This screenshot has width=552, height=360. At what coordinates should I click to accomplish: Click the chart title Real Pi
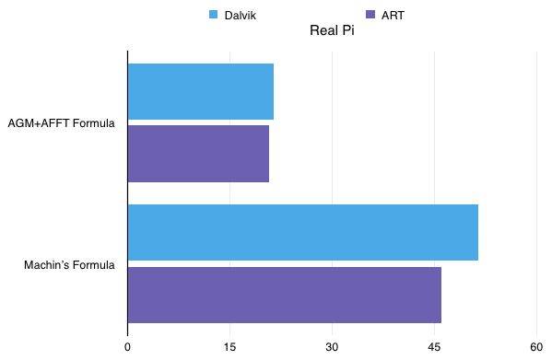click(333, 30)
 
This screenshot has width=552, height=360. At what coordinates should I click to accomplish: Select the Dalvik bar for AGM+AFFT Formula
click(200, 91)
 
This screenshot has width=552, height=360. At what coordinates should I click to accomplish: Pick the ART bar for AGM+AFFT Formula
click(198, 153)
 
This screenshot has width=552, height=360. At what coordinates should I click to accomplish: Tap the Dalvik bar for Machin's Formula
click(302, 232)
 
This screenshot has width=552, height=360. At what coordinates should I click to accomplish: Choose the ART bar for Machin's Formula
click(284, 295)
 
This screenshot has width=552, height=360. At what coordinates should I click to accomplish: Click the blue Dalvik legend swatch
click(213, 14)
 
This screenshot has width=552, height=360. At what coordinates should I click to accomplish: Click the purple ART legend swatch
click(370, 14)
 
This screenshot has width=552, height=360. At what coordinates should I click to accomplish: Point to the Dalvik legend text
click(241, 15)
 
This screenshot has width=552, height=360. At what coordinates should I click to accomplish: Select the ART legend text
click(393, 15)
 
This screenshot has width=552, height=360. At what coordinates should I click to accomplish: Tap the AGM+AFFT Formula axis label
click(61, 122)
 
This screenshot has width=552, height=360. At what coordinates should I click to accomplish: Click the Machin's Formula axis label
click(69, 265)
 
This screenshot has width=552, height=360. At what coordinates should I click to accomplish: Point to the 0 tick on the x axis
click(127, 346)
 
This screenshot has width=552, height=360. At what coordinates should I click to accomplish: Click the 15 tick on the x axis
click(229, 346)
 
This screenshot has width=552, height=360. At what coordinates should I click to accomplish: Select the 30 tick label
click(332, 346)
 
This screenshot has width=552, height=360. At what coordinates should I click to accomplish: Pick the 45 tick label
click(434, 346)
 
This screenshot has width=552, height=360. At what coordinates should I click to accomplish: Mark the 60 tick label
click(536, 346)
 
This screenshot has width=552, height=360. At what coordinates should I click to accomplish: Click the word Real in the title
click(323, 30)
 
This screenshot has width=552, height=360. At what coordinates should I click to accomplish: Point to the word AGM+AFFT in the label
click(37, 122)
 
